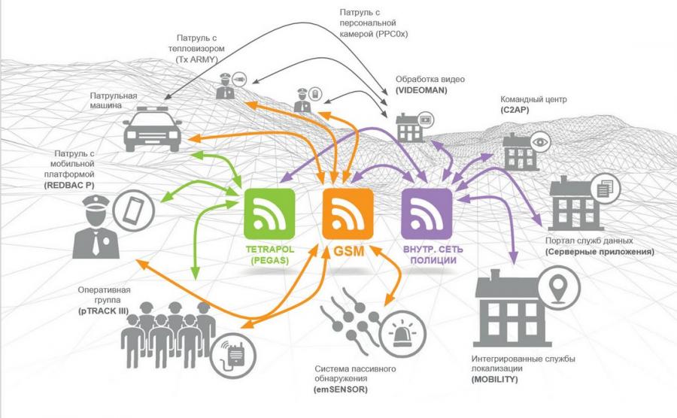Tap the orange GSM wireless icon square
(x=348, y=213)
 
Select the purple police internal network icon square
(x=427, y=213)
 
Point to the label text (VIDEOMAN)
(x=422, y=89)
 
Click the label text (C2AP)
(x=516, y=110)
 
